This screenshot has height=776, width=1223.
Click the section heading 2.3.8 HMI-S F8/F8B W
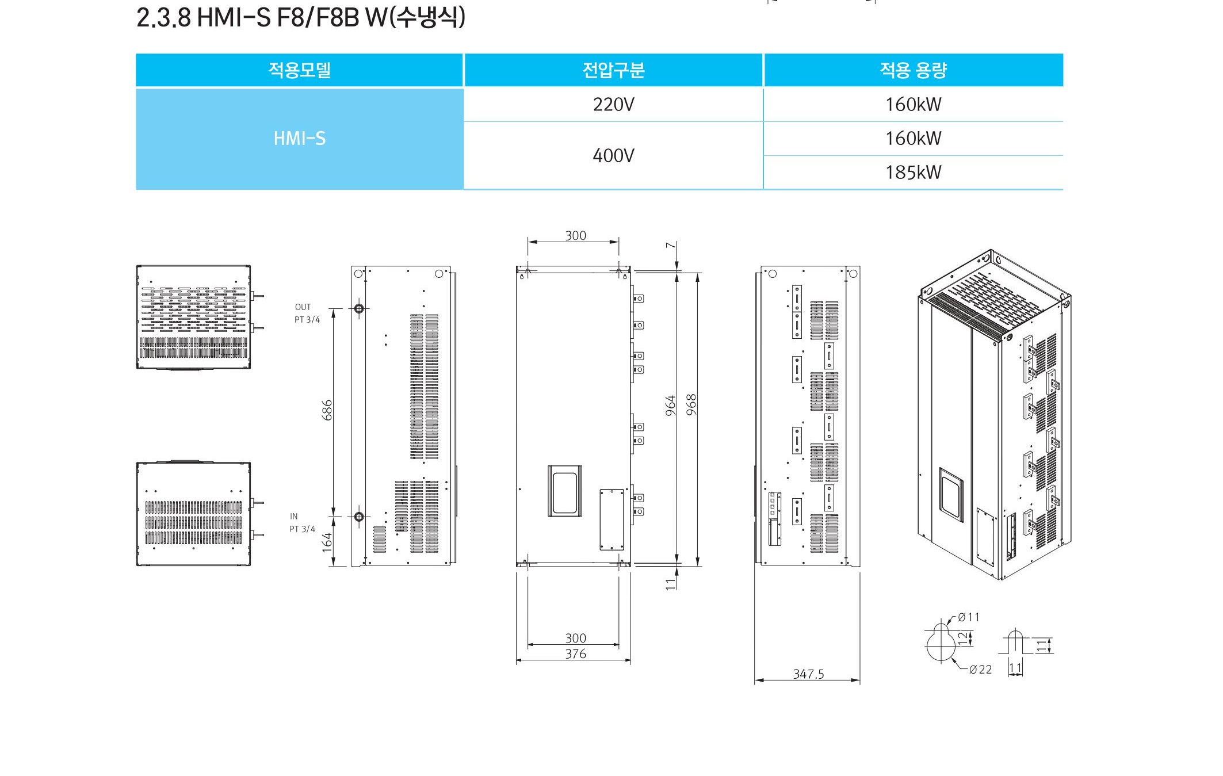click(301, 17)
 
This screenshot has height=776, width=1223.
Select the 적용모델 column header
click(300, 70)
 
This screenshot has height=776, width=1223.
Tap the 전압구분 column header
click(613, 70)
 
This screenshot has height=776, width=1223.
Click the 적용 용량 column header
click(914, 70)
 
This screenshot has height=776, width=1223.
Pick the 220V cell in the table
click(613, 105)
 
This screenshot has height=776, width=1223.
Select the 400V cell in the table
click(613, 155)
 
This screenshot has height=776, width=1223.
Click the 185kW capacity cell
click(914, 173)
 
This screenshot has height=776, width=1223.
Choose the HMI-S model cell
click(300, 139)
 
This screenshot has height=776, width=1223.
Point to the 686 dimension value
click(327, 410)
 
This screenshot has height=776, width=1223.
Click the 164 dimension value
click(327, 542)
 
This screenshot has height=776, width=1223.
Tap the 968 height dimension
click(691, 404)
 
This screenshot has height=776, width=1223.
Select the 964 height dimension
click(670, 406)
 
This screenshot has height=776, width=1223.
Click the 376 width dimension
click(575, 654)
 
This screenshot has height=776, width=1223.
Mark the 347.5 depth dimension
click(808, 674)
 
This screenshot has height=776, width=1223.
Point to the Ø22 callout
click(980, 670)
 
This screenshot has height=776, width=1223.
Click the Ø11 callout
click(969, 617)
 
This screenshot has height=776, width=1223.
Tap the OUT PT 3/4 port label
click(307, 314)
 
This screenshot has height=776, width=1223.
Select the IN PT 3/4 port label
click(303, 523)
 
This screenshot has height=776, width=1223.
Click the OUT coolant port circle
click(359, 309)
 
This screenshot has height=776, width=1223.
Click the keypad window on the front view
click(564, 491)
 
